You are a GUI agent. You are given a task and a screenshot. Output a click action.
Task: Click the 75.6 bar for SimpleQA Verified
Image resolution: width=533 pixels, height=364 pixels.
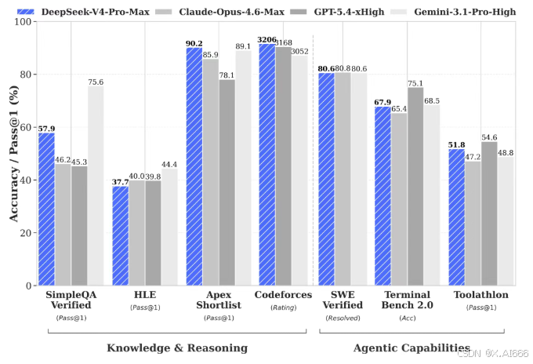click(x=96, y=186)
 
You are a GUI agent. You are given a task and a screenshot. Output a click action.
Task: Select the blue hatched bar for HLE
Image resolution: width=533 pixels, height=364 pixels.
click(x=120, y=235)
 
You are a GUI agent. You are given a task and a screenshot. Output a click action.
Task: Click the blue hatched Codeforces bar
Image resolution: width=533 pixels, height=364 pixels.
click(x=266, y=165)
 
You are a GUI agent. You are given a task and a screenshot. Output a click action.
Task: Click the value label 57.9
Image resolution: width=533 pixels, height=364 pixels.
click(x=46, y=128)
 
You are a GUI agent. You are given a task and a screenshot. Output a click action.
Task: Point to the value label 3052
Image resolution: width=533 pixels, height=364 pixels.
click(x=299, y=50)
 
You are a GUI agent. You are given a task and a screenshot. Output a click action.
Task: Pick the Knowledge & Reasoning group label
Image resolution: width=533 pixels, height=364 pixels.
click(x=176, y=347)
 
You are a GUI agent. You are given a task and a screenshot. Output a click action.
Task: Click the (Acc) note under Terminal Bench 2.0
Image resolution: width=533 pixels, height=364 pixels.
click(x=406, y=318)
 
